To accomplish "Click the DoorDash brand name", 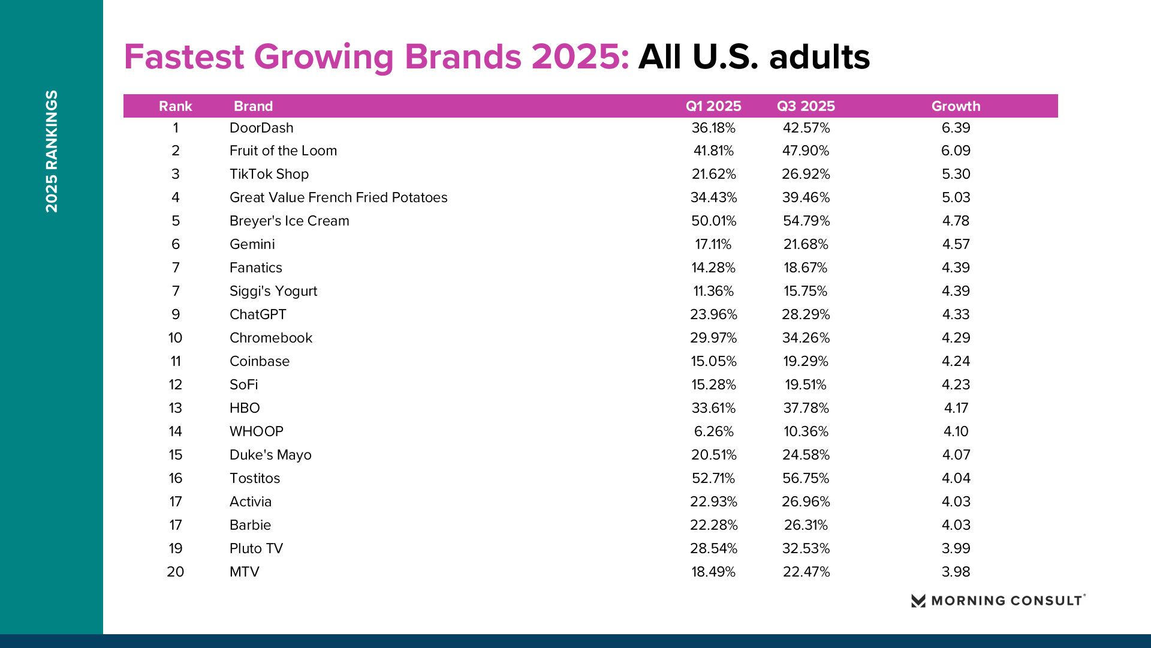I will (261, 128).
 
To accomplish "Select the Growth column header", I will (956, 106).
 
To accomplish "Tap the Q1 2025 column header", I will (713, 106).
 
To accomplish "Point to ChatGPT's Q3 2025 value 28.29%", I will (806, 314).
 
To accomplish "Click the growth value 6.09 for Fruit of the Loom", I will (956, 151).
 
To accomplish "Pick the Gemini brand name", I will (252, 244).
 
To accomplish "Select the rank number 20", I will (175, 572).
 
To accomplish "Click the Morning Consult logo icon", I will (918, 601).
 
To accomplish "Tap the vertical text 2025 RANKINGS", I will (52, 151).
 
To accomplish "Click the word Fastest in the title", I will (184, 57).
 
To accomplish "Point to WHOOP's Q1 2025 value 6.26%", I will (713, 431).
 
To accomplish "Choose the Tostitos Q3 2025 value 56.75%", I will (806, 478).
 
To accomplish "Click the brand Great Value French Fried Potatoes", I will (338, 197).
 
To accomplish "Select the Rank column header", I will (175, 106).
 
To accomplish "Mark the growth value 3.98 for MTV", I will (956, 572).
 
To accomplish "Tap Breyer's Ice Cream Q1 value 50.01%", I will (713, 221).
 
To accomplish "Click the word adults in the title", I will (819, 57).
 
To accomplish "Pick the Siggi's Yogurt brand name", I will (273, 291).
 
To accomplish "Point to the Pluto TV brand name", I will (256, 548).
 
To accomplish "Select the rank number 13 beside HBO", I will (175, 408).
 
